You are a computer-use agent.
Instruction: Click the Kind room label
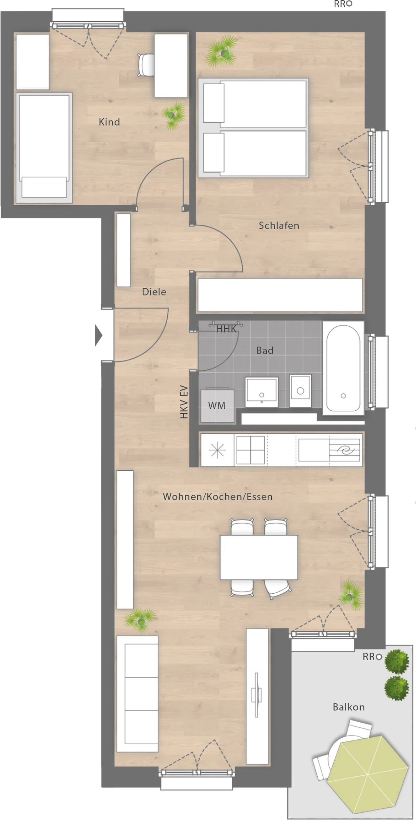(109, 122)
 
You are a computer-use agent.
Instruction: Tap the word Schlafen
(279, 225)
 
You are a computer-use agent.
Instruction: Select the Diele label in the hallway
(154, 292)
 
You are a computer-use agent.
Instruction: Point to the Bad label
(265, 350)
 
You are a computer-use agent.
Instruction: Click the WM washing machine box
(217, 405)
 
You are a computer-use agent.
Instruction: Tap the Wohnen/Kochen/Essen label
(218, 497)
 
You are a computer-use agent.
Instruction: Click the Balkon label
(348, 707)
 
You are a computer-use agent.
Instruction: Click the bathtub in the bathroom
(343, 368)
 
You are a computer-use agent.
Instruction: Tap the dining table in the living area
(259, 557)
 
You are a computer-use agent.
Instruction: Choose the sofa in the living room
(137, 693)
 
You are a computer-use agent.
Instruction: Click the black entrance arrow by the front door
(98, 335)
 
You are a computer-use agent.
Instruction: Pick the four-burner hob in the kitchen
(250, 450)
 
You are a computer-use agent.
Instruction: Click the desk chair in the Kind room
(146, 65)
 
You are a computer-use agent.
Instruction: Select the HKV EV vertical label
(184, 402)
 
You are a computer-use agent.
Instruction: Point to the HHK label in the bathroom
(226, 329)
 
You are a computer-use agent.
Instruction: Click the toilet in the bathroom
(300, 391)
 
